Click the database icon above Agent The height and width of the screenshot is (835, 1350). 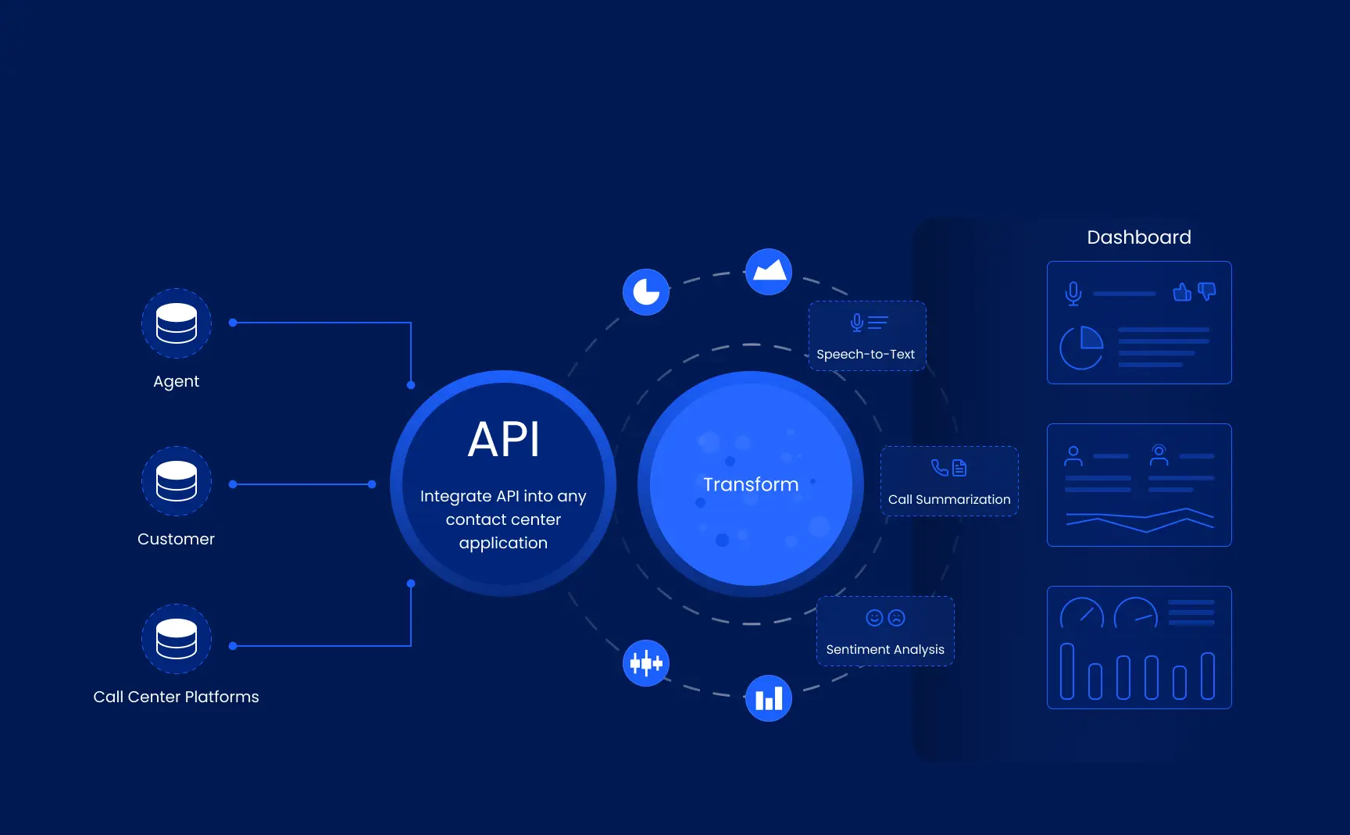[177, 323]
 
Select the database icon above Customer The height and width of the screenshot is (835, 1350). [177, 481]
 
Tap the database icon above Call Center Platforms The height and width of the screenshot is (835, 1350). [177, 639]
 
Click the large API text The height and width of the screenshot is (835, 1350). [504, 440]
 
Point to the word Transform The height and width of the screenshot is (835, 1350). [751, 484]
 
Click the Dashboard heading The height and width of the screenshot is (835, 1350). [1139, 237]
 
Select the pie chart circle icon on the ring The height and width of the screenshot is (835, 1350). [646, 292]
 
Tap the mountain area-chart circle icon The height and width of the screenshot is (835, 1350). [769, 272]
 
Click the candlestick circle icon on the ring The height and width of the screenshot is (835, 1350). [646, 663]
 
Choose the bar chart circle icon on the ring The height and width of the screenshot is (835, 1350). [769, 698]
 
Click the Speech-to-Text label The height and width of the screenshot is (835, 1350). [866, 355]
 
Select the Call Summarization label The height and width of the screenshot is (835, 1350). [949, 500]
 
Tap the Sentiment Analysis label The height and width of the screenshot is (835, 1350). [885, 650]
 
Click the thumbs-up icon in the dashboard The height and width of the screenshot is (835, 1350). [1182, 292]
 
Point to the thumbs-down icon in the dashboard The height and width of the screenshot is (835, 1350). [1207, 292]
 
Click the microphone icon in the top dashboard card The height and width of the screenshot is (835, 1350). [1073, 294]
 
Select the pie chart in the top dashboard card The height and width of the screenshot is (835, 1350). [1082, 348]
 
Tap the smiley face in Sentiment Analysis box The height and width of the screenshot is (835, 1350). [874, 618]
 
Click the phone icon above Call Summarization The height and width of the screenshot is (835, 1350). [940, 467]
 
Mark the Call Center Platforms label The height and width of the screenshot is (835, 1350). [176, 697]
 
